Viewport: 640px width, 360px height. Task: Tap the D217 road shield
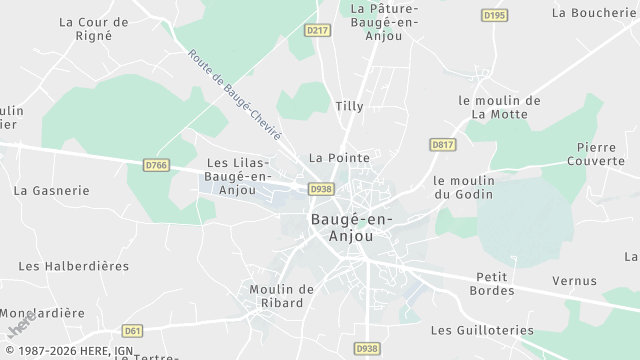pyautogui.click(x=317, y=31)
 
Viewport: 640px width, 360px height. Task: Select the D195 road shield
pyautogui.click(x=494, y=15)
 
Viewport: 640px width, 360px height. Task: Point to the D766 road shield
pyautogui.click(x=155, y=165)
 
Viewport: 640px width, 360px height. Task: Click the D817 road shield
pyautogui.click(x=443, y=145)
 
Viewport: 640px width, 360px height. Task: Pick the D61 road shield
pyautogui.click(x=132, y=330)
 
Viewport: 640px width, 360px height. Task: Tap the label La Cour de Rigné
pyautogui.click(x=94, y=28)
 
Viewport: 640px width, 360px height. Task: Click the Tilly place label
pyautogui.click(x=349, y=105)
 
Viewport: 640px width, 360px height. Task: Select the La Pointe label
pyautogui.click(x=339, y=158)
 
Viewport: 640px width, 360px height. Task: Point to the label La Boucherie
pyautogui.click(x=593, y=13)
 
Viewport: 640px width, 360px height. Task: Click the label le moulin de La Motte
pyautogui.click(x=499, y=107)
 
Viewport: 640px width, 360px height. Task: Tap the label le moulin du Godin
pyautogui.click(x=465, y=187)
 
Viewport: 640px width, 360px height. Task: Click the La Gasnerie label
pyautogui.click(x=51, y=190)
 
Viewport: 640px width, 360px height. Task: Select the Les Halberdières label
pyautogui.click(x=74, y=266)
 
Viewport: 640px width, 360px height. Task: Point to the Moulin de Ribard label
pyautogui.click(x=282, y=296)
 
